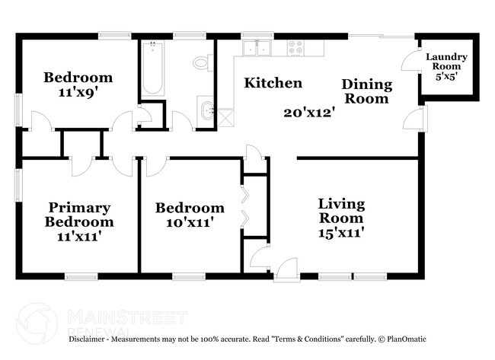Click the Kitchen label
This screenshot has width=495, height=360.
[x=273, y=83]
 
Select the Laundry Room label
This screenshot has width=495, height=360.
[x=446, y=62]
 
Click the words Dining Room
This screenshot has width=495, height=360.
[x=366, y=91]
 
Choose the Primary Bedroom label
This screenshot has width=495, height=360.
[x=79, y=215]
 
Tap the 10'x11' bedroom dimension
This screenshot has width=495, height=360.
[x=190, y=223]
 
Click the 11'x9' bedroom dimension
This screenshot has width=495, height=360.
[x=78, y=91]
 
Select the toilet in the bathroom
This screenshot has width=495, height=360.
[x=202, y=62]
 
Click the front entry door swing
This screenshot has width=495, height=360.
[x=288, y=267]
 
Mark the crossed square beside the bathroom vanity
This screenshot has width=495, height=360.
[x=225, y=117]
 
